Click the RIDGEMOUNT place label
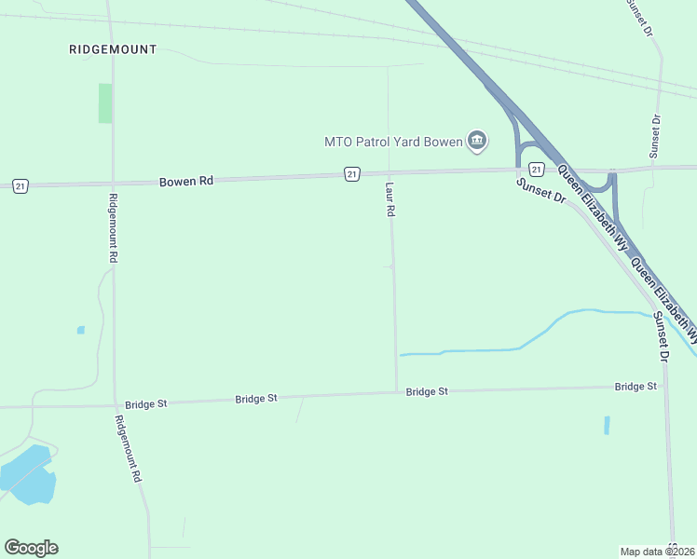[x=113, y=48]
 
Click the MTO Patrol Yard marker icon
[x=477, y=141]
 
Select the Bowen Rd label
[x=186, y=181]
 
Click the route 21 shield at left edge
[x=20, y=186]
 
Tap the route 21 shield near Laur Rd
[x=351, y=174]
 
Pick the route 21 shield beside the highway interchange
[x=536, y=169]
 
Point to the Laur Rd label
[x=389, y=199]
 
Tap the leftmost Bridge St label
[x=145, y=404]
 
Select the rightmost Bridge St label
[x=635, y=386]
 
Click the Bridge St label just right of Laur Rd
[x=427, y=391]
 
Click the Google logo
[x=31, y=548]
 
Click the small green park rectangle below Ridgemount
[x=105, y=102]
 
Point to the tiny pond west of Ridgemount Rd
[x=81, y=330]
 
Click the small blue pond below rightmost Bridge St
[x=607, y=425]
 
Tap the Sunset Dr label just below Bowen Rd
[x=540, y=190]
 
